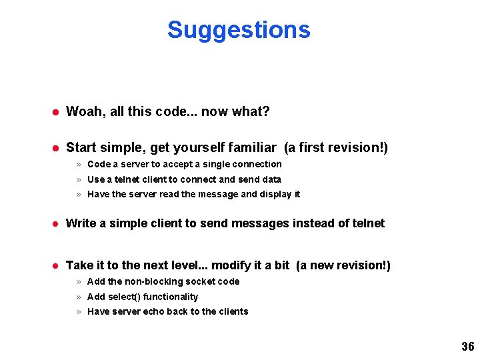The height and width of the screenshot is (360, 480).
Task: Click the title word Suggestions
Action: tap(239, 30)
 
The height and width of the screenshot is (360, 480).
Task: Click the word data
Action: tap(272, 179)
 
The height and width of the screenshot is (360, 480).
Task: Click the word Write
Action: tap(81, 223)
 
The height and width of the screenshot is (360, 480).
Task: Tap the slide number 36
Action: tap(467, 347)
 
